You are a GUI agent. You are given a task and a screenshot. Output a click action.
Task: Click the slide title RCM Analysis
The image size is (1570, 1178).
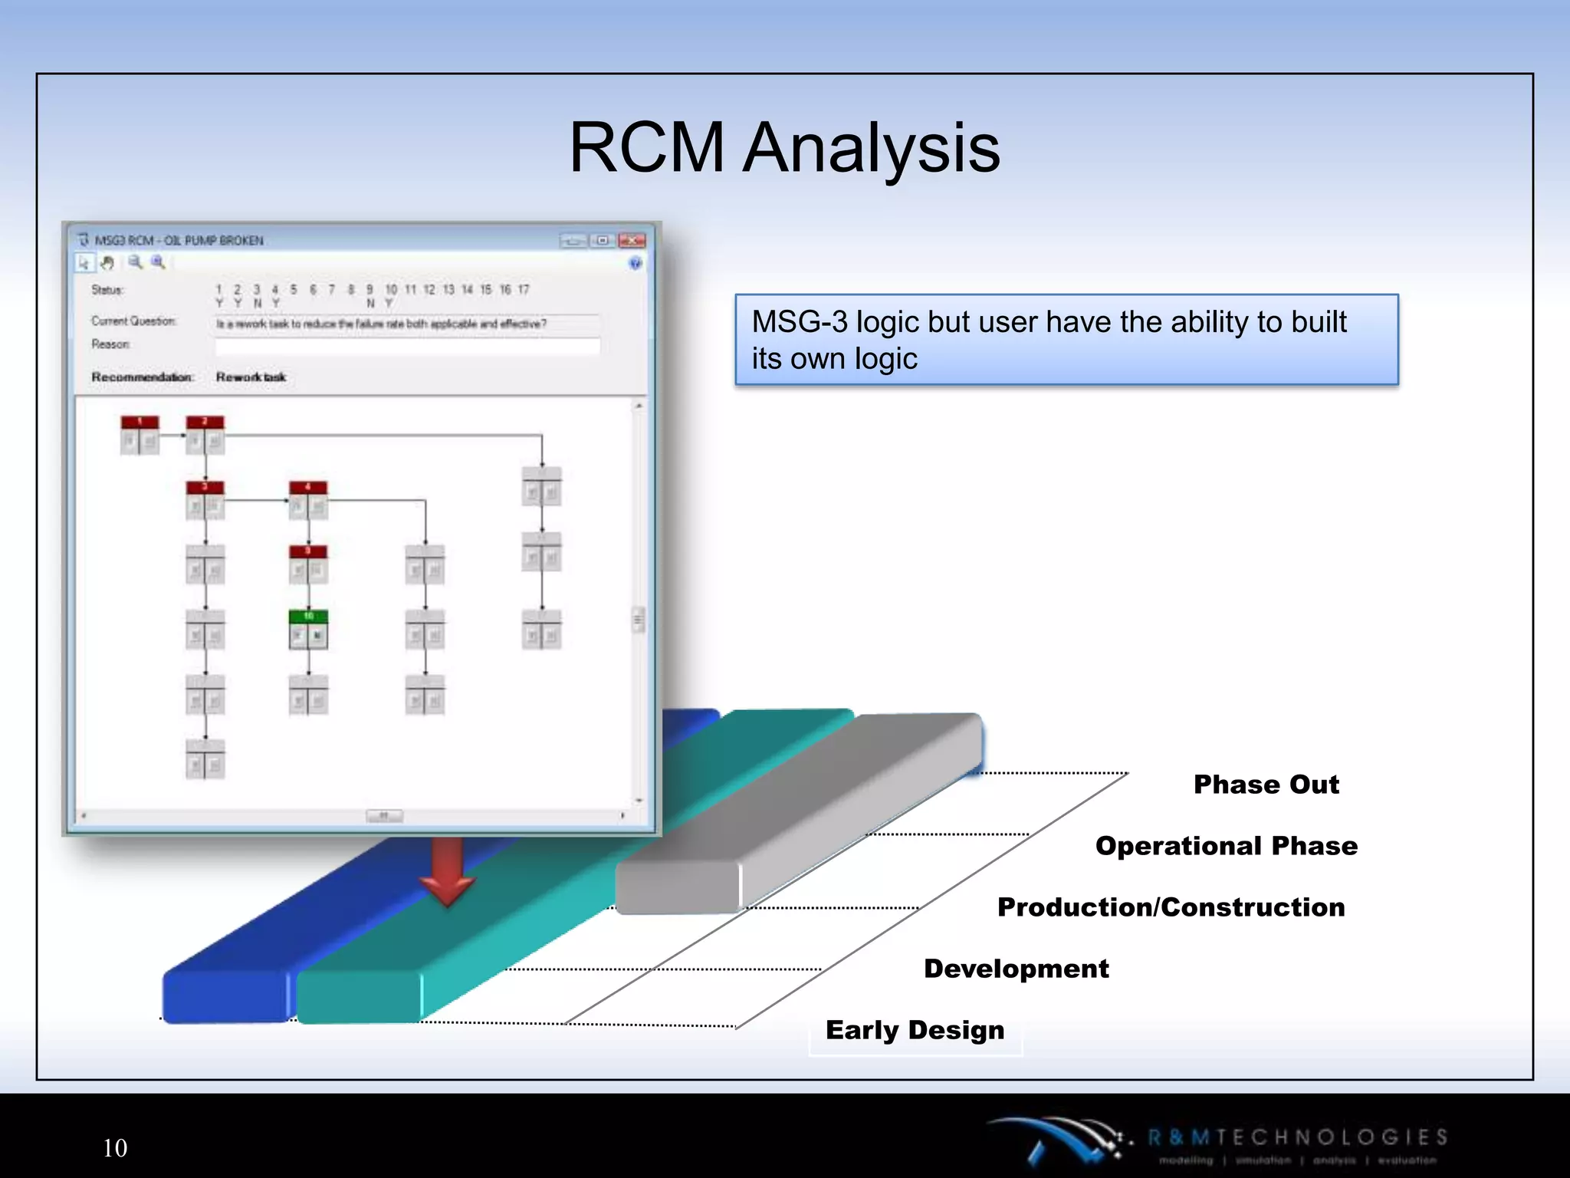pos(784,147)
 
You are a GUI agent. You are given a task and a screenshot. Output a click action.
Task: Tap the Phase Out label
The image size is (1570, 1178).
pos(1266,785)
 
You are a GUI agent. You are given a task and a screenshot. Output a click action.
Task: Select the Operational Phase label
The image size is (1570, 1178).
pos(1226,846)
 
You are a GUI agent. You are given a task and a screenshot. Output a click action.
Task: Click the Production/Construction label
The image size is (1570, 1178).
pos(1171,907)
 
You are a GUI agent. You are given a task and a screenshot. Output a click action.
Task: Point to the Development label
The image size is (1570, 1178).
pos(1016,969)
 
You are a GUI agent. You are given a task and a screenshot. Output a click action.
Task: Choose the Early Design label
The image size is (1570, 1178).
pos(915,1030)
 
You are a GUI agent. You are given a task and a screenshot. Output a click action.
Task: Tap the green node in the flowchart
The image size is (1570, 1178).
pos(308,629)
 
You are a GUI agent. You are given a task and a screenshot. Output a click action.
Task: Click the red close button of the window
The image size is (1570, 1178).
pos(632,241)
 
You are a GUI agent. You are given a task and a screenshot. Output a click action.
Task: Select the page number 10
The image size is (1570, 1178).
pos(115,1148)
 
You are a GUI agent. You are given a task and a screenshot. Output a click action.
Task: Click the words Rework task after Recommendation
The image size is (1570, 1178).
pos(251,377)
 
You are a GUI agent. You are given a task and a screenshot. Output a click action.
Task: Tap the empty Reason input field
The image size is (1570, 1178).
pos(407,346)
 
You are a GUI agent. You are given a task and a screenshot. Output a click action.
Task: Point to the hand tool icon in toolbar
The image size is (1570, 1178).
pos(108,263)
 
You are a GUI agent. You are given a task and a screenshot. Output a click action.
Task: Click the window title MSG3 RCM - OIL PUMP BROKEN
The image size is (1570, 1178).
pos(179,241)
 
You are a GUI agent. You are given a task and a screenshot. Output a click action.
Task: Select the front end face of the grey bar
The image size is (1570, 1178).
pos(678,887)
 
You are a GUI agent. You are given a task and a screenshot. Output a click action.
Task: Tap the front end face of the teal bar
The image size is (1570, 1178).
pos(359,997)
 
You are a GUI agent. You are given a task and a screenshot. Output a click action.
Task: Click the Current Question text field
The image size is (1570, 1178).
pos(407,324)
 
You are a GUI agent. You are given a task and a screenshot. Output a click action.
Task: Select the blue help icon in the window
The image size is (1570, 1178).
pos(635,264)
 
